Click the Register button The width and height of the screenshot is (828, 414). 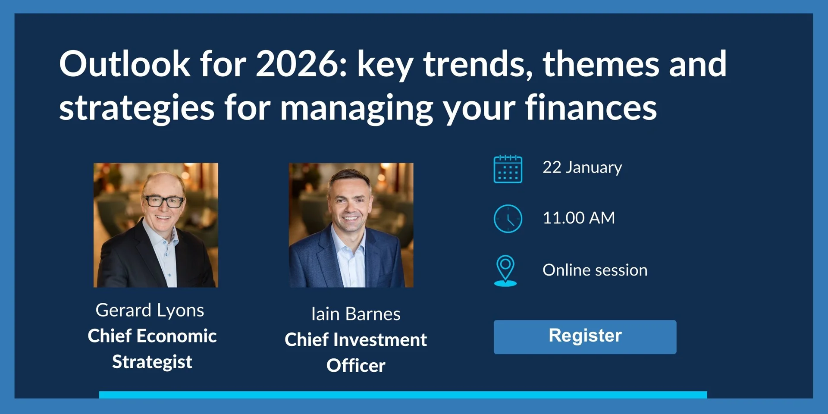pyautogui.click(x=585, y=337)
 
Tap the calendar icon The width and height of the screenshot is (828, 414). pyautogui.click(x=508, y=169)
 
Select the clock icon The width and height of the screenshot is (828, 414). pyautogui.click(x=508, y=219)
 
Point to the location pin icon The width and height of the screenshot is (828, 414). pyautogui.click(x=505, y=271)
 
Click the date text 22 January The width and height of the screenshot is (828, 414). pyautogui.click(x=582, y=167)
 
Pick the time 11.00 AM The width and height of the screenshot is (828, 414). pyautogui.click(x=579, y=218)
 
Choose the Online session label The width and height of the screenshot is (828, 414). pyautogui.click(x=595, y=270)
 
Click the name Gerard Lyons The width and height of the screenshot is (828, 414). pyautogui.click(x=150, y=310)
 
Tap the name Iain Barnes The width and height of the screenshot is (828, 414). pyautogui.click(x=356, y=314)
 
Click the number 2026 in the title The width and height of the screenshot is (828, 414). pyautogui.click(x=301, y=64)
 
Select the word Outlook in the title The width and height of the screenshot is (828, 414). pyautogui.click(x=125, y=63)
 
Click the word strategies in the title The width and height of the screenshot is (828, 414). pyautogui.click(x=137, y=108)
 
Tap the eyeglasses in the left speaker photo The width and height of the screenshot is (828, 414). pyautogui.click(x=164, y=201)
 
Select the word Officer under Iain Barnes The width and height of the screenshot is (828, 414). pyautogui.click(x=356, y=366)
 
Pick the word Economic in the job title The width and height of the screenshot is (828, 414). pyautogui.click(x=176, y=336)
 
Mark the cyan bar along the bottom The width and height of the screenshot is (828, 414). pyautogui.click(x=403, y=395)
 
